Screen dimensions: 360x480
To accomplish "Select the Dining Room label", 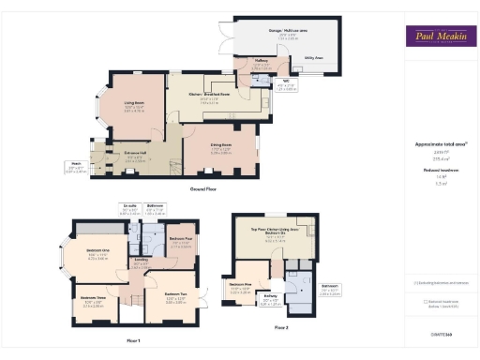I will click(221, 148).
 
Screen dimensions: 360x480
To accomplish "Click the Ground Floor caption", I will click(203, 188).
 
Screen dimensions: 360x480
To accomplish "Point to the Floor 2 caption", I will click(281, 328).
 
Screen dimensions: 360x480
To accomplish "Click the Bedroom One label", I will click(98, 250).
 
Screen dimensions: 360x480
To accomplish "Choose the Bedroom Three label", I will click(92, 301).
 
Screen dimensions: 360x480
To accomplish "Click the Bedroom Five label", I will click(242, 283).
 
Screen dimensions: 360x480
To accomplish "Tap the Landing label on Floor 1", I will click(140, 262).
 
